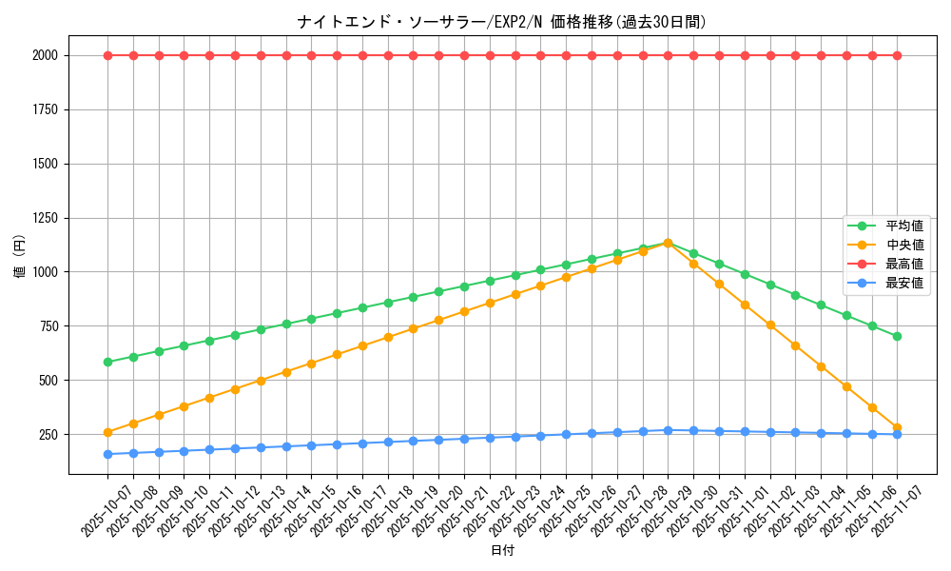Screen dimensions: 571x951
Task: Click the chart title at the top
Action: point(501,22)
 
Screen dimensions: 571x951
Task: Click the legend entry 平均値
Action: point(904,226)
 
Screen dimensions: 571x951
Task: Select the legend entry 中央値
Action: point(904,246)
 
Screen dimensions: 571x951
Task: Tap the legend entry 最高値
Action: point(904,264)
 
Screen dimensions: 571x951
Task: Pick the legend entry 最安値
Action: point(904,283)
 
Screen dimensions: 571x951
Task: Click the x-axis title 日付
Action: point(502,551)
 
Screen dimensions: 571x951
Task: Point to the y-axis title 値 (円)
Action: point(20,258)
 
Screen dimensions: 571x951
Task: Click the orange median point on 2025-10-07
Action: point(107,432)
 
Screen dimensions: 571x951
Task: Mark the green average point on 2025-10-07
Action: point(107,362)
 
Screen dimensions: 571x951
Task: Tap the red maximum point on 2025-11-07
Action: point(897,55)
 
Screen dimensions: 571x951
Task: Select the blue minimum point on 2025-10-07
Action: point(107,454)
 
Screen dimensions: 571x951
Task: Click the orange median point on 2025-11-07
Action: point(897,428)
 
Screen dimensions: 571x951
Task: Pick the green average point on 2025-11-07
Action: point(897,336)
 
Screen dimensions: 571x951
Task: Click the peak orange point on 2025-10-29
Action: point(668,243)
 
